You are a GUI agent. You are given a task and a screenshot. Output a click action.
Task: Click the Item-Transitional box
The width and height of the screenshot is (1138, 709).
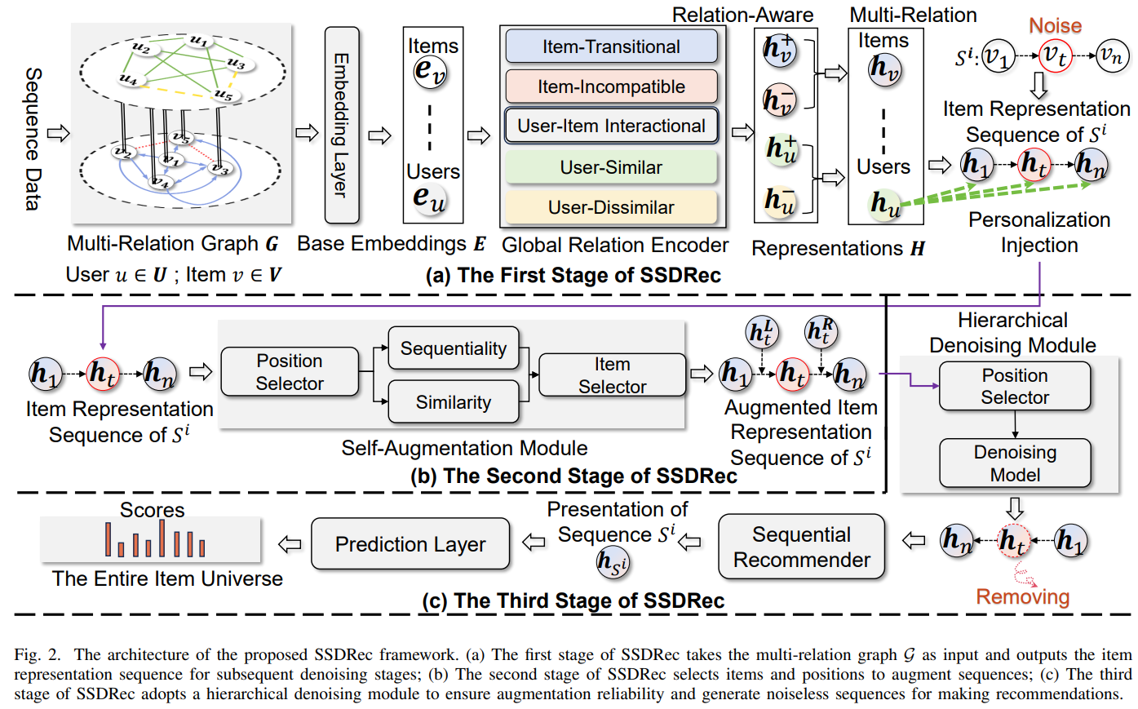(x=611, y=47)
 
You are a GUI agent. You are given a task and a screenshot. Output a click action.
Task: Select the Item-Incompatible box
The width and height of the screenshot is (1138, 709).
(x=611, y=86)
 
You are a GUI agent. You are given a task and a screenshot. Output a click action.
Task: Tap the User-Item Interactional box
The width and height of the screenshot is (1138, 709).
(x=611, y=126)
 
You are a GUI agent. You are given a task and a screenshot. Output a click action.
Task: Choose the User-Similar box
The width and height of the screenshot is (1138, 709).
(x=611, y=167)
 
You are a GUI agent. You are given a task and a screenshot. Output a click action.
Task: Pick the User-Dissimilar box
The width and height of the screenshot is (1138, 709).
(x=611, y=207)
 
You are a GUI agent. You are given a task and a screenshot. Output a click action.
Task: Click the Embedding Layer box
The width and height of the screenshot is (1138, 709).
(x=341, y=125)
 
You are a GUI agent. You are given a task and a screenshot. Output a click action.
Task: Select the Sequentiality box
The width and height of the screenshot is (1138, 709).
(x=454, y=348)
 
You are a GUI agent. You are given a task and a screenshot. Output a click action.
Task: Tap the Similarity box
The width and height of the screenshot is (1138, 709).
(x=454, y=402)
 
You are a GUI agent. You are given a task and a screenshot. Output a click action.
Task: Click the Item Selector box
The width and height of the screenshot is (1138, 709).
(x=612, y=375)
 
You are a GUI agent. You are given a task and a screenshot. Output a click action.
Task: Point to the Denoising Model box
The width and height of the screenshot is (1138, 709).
(x=1015, y=463)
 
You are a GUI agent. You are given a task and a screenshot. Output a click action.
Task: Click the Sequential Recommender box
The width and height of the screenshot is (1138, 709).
(x=801, y=547)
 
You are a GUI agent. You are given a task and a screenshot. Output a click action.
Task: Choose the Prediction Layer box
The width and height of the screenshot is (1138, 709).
(x=410, y=544)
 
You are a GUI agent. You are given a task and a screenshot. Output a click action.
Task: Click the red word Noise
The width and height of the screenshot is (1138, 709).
(x=1055, y=26)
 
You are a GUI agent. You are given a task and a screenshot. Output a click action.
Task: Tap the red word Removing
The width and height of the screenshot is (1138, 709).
(x=1022, y=596)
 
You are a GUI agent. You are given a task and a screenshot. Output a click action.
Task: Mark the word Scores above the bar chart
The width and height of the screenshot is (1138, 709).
(x=152, y=510)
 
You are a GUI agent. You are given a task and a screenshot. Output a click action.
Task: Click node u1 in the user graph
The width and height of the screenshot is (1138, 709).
(x=199, y=41)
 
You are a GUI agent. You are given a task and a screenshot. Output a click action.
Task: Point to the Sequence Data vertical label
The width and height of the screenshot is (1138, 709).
(x=33, y=139)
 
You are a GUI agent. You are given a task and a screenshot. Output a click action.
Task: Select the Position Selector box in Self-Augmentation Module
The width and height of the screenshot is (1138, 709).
(x=290, y=372)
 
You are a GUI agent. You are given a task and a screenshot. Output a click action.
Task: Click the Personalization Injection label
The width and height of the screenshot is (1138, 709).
(x=1039, y=233)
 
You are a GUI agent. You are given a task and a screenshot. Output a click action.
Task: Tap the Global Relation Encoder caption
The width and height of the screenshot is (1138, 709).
(x=615, y=245)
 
